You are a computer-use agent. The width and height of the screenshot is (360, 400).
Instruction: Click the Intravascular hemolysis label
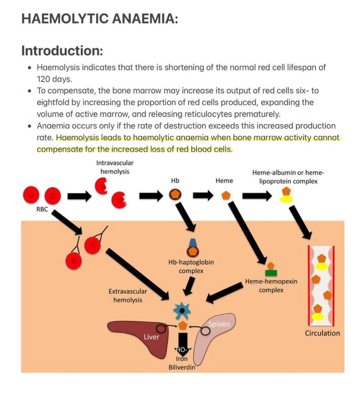[x=115, y=167]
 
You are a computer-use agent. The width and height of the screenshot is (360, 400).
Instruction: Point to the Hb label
[x=175, y=181]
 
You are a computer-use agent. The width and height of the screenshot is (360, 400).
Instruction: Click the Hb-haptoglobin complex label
[x=191, y=266]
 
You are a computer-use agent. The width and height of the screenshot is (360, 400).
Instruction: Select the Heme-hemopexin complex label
[x=271, y=285]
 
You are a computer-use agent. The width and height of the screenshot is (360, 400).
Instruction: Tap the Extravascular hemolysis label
[x=128, y=295]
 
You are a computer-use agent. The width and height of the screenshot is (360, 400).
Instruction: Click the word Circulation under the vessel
[x=322, y=333]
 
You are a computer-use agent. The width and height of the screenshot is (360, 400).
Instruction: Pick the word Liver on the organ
[x=152, y=336]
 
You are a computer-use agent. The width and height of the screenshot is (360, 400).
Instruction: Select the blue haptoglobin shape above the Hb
[x=193, y=243]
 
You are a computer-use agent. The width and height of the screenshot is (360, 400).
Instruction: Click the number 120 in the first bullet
[x=44, y=79]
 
